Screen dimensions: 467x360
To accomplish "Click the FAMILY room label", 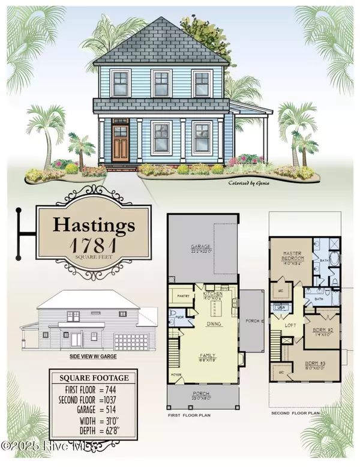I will click(206, 355).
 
